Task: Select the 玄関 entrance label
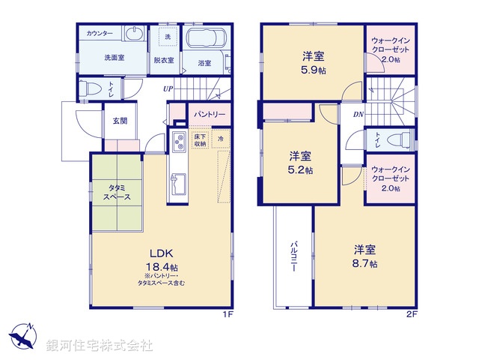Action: (x=120, y=120)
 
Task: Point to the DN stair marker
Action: (x=358, y=114)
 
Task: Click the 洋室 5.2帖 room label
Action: (x=302, y=163)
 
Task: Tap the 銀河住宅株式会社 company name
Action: (x=99, y=346)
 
